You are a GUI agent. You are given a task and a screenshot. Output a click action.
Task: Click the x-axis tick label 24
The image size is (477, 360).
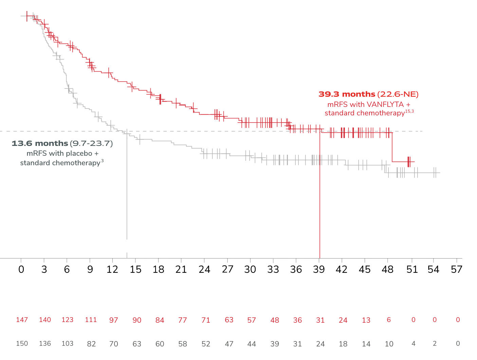pyautogui.click(x=205, y=269)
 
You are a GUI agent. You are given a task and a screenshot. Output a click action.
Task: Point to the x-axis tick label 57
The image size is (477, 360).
pyautogui.click(x=457, y=269)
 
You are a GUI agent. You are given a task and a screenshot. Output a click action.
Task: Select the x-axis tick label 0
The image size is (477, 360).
pyautogui.click(x=21, y=269)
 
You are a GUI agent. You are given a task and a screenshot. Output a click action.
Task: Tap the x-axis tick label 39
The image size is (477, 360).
pyautogui.click(x=319, y=269)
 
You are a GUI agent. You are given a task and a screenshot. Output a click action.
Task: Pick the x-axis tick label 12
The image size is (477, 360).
pyautogui.click(x=113, y=269)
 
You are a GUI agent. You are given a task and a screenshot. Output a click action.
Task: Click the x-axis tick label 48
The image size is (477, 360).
pyautogui.click(x=388, y=269)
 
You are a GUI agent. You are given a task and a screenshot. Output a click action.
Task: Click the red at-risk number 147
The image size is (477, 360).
pyautogui.click(x=22, y=320)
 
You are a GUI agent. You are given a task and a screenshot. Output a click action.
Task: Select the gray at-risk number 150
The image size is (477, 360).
pyautogui.click(x=22, y=343)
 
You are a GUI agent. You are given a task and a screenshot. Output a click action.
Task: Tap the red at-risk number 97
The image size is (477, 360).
pyautogui.click(x=113, y=320)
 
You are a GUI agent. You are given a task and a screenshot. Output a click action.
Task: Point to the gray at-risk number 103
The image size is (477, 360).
pyautogui.click(x=68, y=343)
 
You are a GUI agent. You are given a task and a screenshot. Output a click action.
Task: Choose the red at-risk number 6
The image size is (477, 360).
pyautogui.click(x=389, y=320)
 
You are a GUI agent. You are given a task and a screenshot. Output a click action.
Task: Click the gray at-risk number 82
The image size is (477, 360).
pyautogui.click(x=91, y=344)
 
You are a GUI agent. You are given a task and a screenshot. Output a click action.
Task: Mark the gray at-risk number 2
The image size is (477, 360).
pyautogui.click(x=435, y=343)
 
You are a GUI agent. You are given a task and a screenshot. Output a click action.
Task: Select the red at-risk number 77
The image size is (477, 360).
pyautogui.click(x=182, y=320)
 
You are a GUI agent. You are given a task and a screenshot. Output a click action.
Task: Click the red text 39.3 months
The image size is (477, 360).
pyautogui.click(x=347, y=94)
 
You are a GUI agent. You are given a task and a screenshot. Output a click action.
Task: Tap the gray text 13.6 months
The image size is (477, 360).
pyautogui.click(x=40, y=144)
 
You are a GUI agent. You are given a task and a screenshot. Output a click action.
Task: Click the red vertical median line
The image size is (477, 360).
pyautogui.click(x=320, y=204)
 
